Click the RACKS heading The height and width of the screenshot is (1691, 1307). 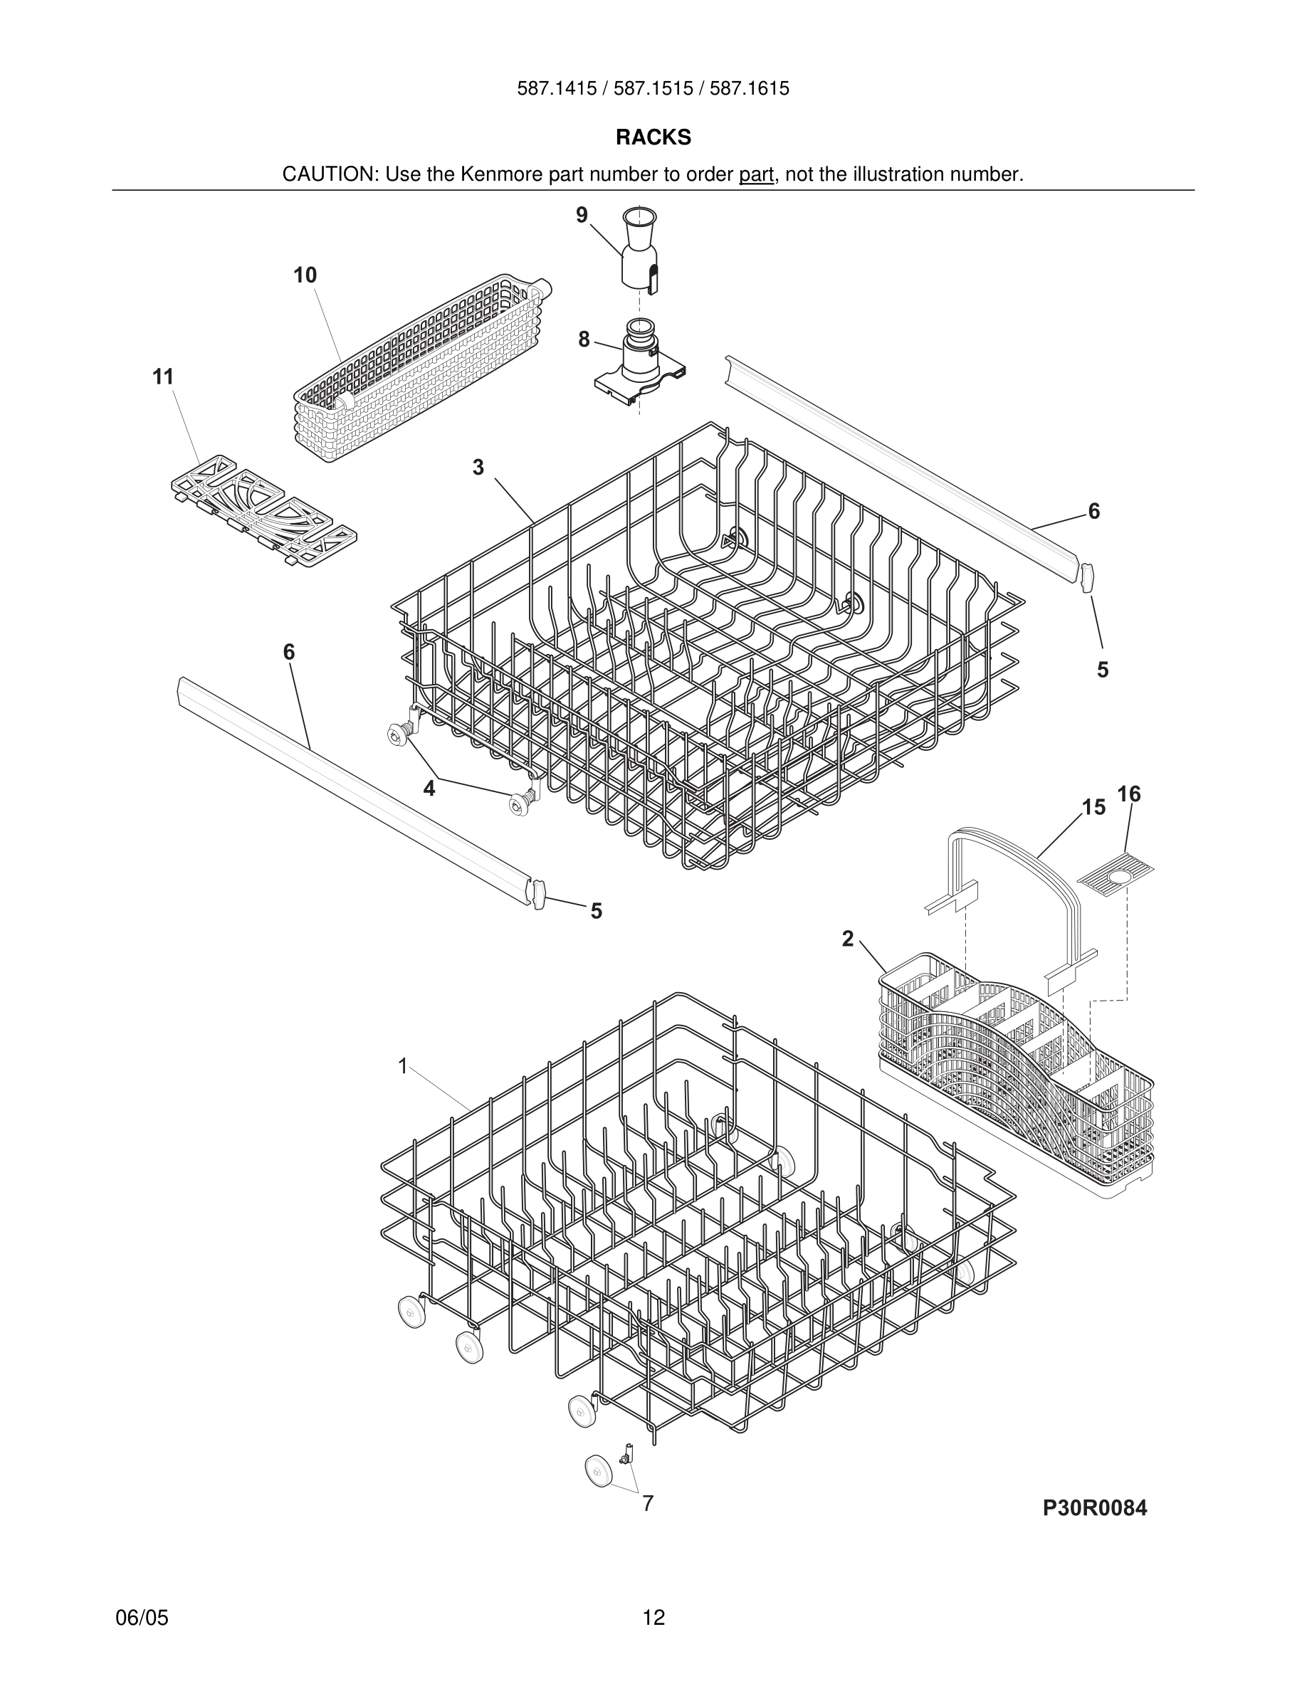653,138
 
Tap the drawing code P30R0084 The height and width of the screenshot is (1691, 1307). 1094,1508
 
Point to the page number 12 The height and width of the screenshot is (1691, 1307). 653,1618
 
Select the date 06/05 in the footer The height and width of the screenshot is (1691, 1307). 142,1618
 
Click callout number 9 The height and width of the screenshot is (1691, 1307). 582,215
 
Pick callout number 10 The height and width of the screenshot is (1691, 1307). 305,275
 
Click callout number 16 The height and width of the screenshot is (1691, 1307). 1129,794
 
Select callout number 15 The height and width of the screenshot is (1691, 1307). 1093,808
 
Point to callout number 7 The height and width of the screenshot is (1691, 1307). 648,1503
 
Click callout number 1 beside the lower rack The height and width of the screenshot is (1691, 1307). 403,1067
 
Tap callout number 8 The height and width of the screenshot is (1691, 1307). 584,339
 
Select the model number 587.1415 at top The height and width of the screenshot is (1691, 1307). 557,89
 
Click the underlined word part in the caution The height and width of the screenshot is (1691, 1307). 756,175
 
